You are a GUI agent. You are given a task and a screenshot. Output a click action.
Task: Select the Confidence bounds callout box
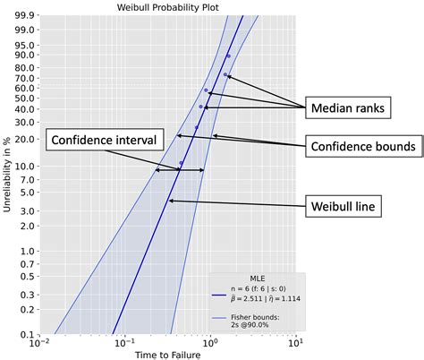tap(360, 145)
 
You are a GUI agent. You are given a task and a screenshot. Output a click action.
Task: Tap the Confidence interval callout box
tap(104, 140)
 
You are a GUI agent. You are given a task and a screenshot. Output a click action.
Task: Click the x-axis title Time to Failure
tap(167, 354)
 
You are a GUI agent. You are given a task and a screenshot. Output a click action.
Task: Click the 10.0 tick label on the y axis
tap(24, 167)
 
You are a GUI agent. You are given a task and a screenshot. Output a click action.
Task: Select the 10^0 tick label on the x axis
tap(209, 343)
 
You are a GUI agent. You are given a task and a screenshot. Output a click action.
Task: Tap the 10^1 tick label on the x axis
tap(295, 343)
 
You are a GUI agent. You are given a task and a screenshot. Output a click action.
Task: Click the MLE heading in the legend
tap(256, 279)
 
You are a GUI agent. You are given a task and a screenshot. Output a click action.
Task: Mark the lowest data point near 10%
tap(182, 163)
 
